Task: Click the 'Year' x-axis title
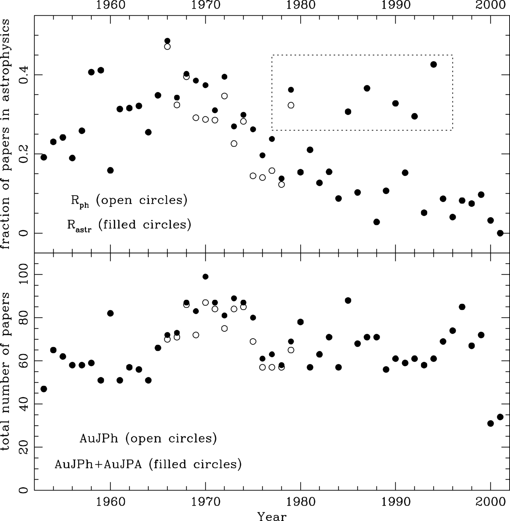[272, 516]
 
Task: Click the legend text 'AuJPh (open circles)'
[148, 439]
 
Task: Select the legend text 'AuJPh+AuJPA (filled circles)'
[148, 464]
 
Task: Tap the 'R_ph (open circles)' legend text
[129, 201]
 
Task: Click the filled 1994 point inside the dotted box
[433, 64]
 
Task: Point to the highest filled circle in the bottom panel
[205, 276]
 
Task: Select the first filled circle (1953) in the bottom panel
[44, 389]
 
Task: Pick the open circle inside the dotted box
[291, 105]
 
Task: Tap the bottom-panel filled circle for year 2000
[490, 423]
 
